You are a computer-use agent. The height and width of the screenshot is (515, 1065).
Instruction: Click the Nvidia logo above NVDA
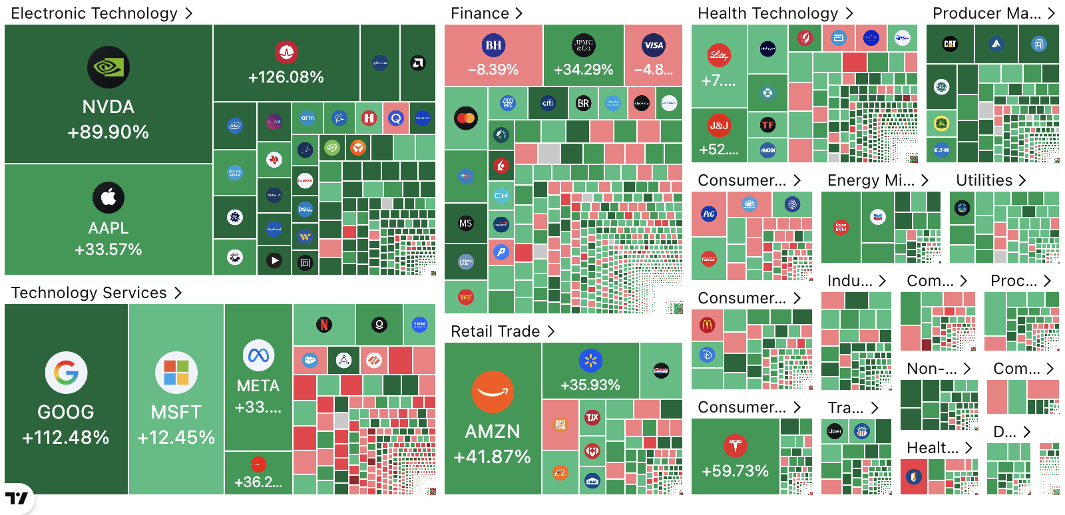[x=108, y=67]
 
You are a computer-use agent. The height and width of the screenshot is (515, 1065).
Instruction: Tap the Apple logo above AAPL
[x=108, y=197]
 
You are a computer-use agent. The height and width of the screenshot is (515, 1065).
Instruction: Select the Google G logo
[x=66, y=373]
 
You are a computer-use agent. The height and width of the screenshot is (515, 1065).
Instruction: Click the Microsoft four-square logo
[x=176, y=373]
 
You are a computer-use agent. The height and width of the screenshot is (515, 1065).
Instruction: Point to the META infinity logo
[x=258, y=356]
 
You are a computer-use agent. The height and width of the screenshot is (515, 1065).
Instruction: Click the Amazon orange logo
[x=493, y=392]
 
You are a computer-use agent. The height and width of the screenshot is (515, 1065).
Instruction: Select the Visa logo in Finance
[x=654, y=45]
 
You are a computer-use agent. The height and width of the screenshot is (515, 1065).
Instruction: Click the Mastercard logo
[x=466, y=118]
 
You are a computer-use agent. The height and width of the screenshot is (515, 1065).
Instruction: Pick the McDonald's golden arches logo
[x=707, y=325]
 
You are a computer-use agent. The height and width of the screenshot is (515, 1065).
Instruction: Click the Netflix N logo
[x=323, y=325]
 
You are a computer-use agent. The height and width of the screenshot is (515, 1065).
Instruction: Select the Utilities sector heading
[x=990, y=180]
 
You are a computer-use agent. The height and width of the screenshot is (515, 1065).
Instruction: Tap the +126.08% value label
[x=286, y=77]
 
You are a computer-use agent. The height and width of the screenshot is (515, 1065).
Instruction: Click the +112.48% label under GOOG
[x=66, y=437]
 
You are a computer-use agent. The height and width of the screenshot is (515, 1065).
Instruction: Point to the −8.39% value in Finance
[x=493, y=69]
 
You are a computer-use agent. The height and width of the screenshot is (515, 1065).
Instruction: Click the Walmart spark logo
[x=590, y=361]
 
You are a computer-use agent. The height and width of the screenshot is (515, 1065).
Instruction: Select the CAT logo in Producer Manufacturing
[x=950, y=44]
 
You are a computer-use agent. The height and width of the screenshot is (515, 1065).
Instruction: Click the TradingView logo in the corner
[x=17, y=498]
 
